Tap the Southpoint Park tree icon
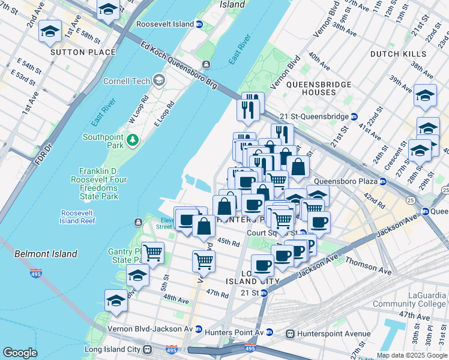pos(132,140)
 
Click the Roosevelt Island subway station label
pos(164,24)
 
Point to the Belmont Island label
pos(46,254)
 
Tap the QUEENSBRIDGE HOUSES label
pos(319,88)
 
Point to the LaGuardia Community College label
pos(411,300)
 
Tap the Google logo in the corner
pos(20,353)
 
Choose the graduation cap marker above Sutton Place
pos(50,32)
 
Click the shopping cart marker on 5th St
pos(153,253)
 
